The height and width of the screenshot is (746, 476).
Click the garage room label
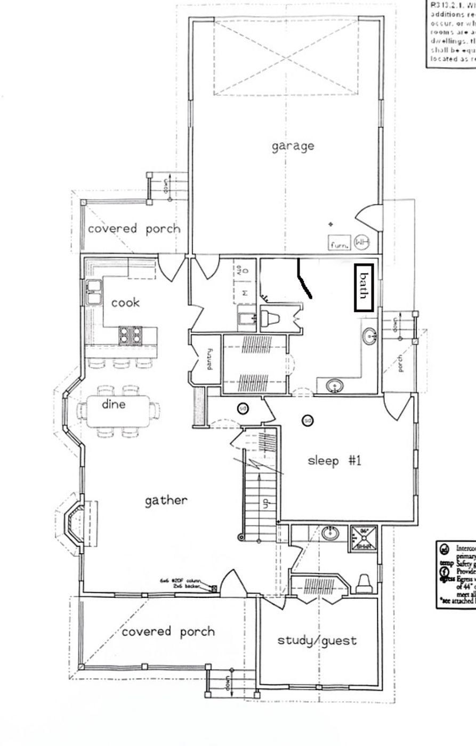click(x=293, y=146)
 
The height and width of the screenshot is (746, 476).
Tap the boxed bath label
click(x=364, y=287)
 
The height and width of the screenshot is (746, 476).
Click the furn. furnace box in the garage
click(x=340, y=244)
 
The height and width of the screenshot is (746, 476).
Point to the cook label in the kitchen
click(x=125, y=302)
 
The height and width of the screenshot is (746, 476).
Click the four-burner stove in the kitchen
click(x=131, y=335)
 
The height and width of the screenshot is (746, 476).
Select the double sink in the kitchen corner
click(x=94, y=292)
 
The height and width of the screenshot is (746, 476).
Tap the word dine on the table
click(x=114, y=404)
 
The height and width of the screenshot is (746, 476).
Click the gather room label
click(x=166, y=500)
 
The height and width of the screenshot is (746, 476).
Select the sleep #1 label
click(x=335, y=460)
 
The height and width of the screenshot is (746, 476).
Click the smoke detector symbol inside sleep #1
click(x=307, y=420)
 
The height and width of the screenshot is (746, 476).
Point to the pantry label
click(x=209, y=359)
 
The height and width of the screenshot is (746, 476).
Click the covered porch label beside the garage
click(x=134, y=229)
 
